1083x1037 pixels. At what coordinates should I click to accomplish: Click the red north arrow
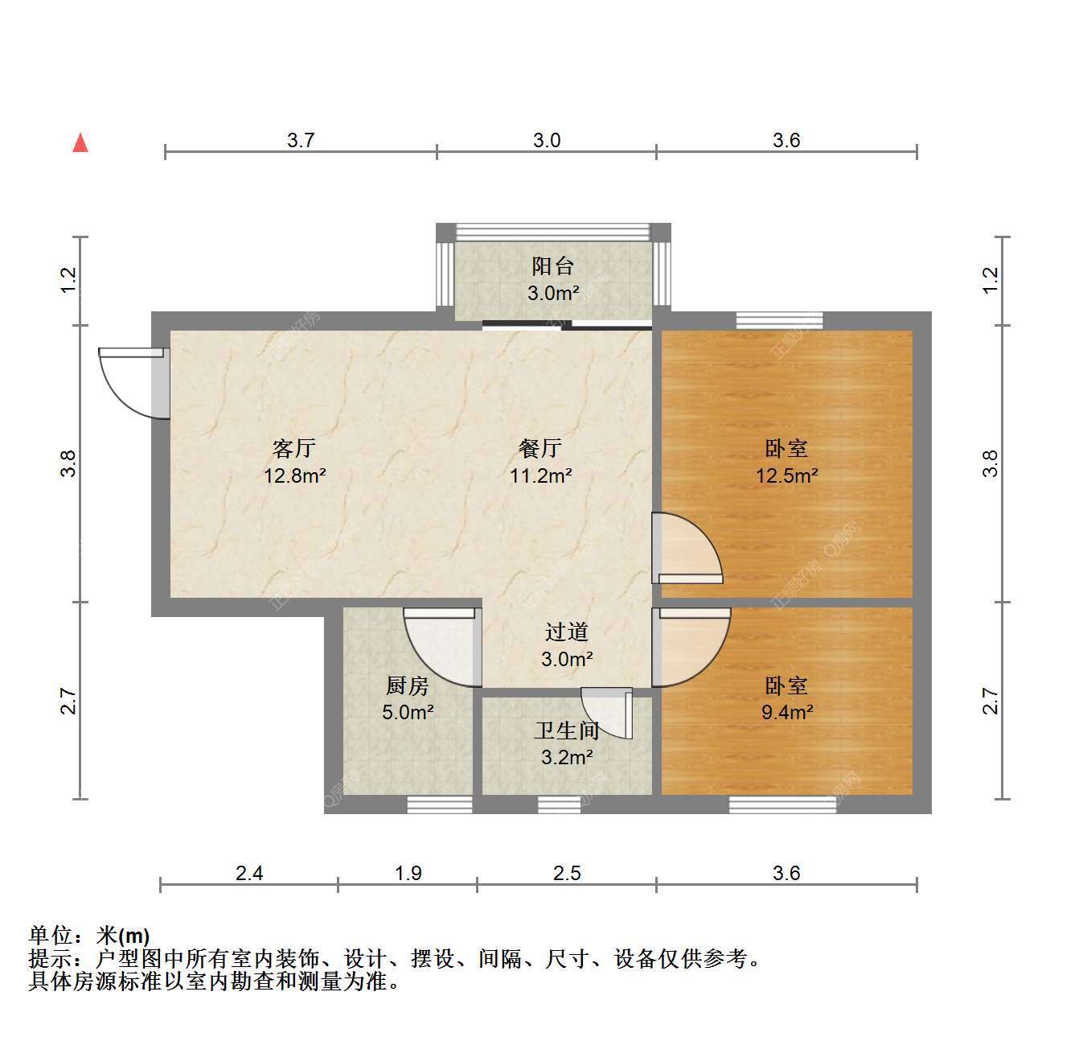[80, 142]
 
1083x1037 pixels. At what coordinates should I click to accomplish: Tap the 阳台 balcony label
[552, 266]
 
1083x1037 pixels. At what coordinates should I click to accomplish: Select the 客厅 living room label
[294, 448]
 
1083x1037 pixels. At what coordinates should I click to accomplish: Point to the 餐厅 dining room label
[540, 448]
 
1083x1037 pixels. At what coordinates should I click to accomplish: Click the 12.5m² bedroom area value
[786, 475]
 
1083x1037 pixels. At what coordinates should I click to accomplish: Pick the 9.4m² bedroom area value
[787, 712]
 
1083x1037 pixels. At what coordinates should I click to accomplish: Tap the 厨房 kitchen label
[408, 685]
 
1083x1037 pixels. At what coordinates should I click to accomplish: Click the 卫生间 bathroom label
[567, 730]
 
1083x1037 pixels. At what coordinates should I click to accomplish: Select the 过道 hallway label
[567, 632]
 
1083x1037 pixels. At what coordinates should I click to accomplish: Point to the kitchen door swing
[442, 647]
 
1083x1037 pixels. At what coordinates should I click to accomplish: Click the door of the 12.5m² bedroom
[687, 548]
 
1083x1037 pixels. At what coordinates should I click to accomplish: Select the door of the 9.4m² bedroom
[691, 647]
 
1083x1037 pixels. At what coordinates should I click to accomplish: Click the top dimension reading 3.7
[301, 140]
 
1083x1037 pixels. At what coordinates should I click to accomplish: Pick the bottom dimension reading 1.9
[408, 873]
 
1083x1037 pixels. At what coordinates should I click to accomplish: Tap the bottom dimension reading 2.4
[248, 873]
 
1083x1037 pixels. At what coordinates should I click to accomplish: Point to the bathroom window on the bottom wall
[560, 804]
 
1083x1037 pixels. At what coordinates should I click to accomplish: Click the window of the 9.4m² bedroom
[782, 804]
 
